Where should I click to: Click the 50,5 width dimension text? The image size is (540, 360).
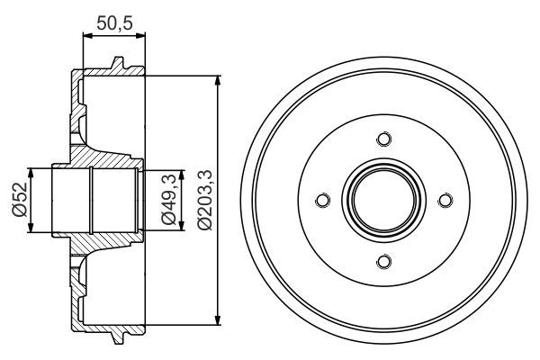112,24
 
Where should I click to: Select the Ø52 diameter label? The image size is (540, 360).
17,200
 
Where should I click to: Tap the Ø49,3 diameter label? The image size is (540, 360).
166,201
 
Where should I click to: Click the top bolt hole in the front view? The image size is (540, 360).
384,139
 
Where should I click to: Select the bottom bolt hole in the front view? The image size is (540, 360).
384,261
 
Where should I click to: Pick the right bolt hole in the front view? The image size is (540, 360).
445,200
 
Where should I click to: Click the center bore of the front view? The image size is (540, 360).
384,200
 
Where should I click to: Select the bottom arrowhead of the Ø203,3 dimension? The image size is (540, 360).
218,319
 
